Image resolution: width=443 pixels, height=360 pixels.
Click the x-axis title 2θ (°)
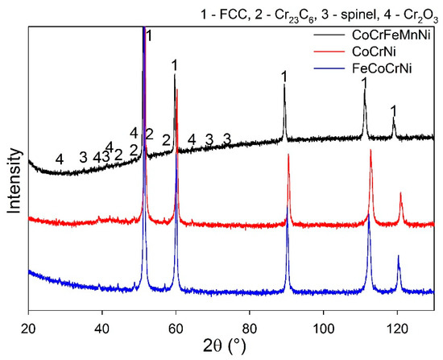pyautogui.click(x=230, y=348)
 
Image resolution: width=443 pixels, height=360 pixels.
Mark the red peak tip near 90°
pyautogui.click(x=288, y=155)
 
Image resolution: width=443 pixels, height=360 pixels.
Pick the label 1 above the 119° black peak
pyautogui.click(x=393, y=109)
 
